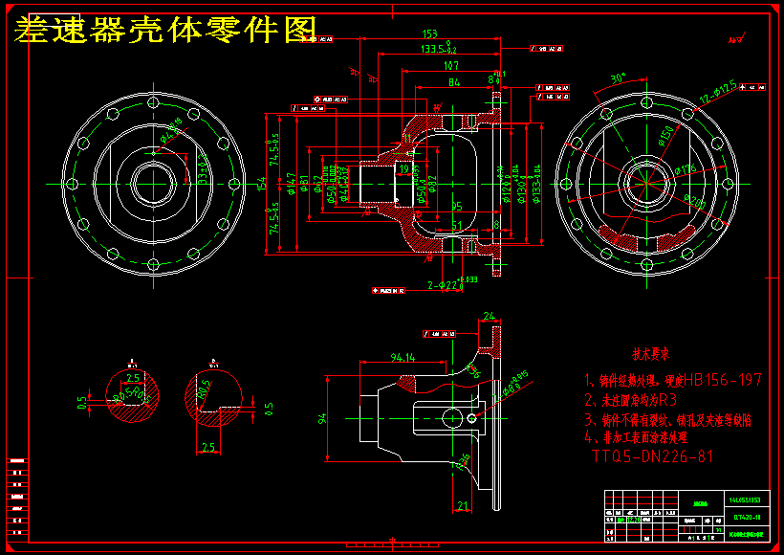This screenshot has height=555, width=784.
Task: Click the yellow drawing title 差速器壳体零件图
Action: (164, 30)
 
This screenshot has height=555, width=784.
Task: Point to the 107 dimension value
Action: (451, 66)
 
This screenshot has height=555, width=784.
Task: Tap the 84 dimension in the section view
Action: (454, 84)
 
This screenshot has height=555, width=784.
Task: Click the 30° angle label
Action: (618, 78)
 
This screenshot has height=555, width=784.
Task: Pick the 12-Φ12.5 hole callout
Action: (717, 92)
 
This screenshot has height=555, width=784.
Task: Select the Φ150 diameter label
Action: (666, 135)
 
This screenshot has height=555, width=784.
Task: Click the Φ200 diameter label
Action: (695, 202)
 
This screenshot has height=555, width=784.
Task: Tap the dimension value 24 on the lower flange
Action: (489, 316)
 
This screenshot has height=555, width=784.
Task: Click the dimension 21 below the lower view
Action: (463, 506)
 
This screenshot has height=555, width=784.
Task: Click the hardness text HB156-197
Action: (727, 381)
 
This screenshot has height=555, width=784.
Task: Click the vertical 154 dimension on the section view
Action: (260, 182)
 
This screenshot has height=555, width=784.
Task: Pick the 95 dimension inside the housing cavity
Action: (457, 206)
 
